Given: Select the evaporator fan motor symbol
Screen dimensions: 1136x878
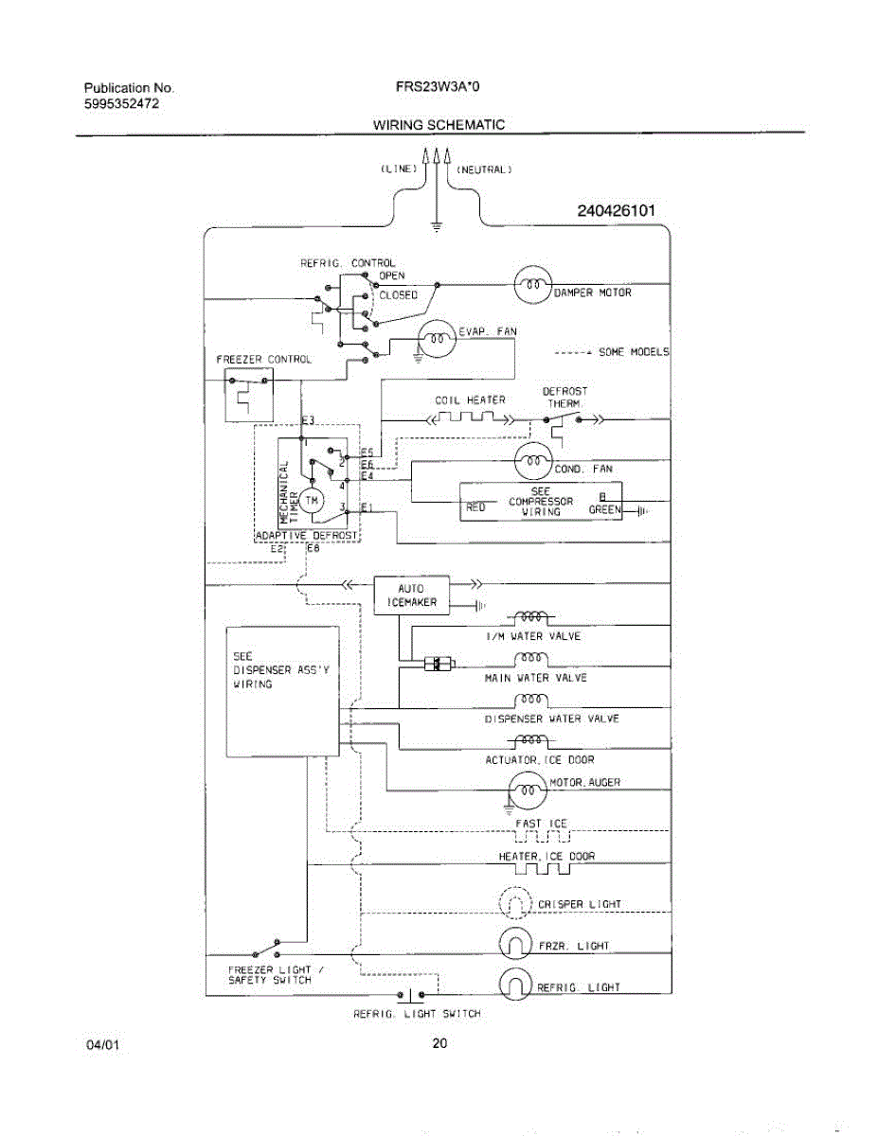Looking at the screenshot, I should [x=436, y=338].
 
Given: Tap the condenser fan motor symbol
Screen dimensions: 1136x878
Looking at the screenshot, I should [x=532, y=461].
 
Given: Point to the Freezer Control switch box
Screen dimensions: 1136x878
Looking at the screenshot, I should [x=244, y=393].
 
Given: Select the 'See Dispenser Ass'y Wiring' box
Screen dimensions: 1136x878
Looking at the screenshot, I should [x=282, y=691].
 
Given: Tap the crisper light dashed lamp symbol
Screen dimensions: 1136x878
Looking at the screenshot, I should [x=512, y=903].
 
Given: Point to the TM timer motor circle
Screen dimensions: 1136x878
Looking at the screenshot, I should [x=313, y=498].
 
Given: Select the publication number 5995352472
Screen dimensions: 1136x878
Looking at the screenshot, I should [x=121, y=103].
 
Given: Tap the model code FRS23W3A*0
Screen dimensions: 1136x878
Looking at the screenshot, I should [x=438, y=87].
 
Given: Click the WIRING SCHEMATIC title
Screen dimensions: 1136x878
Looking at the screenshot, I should [x=438, y=125].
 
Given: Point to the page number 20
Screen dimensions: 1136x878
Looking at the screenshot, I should [x=439, y=1044].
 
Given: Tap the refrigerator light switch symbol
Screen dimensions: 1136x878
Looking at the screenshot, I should [x=410, y=995].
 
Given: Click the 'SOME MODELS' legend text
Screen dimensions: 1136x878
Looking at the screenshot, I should [x=634, y=352].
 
